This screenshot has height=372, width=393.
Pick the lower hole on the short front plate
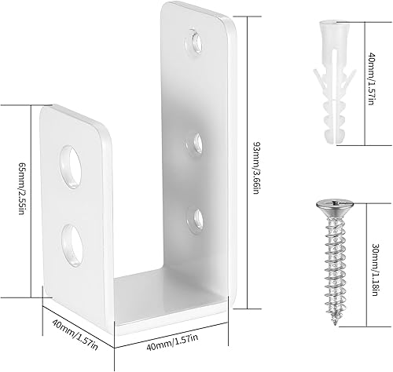[x=72, y=239]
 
